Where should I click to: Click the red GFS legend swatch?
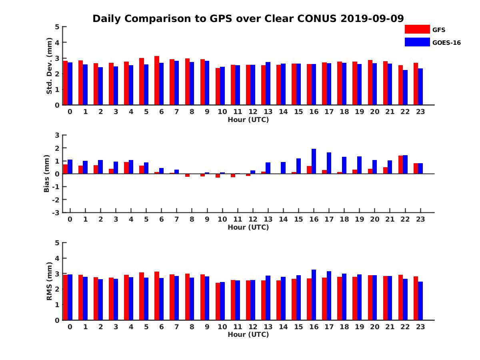pyautogui.click(x=417, y=29)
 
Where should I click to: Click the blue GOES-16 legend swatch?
pyautogui.click(x=417, y=42)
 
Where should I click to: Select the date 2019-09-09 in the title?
pyautogui.click(x=372, y=18)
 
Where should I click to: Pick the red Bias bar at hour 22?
pyautogui.click(x=400, y=164)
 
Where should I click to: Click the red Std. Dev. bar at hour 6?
pyautogui.click(x=157, y=80)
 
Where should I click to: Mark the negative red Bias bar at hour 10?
pyautogui.click(x=218, y=176)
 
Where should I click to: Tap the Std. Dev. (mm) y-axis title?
pyautogui.click(x=50, y=66)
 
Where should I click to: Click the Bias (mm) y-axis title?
pyautogui.click(x=47, y=174)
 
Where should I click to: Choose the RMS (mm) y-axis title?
pyautogui.click(x=50, y=281)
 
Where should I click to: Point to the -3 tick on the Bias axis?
pyautogui.click(x=56, y=212)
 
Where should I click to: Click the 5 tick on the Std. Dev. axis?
pyautogui.click(x=58, y=27)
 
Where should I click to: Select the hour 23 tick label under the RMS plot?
pyautogui.click(x=420, y=327)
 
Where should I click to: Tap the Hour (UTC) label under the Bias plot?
pyautogui.click(x=248, y=227)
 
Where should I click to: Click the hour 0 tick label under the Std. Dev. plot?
pyautogui.click(x=70, y=112)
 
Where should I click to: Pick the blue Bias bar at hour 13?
pyautogui.click(x=268, y=168)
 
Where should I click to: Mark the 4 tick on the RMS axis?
pyautogui.click(x=58, y=258)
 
